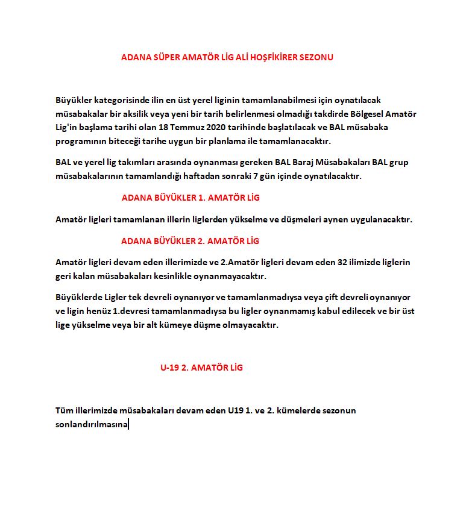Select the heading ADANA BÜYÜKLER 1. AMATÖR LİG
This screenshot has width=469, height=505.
(190, 198)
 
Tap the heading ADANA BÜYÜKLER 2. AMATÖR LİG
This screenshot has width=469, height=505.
(190, 241)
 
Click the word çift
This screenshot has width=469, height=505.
(338, 298)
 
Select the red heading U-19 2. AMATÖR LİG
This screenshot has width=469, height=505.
(201, 368)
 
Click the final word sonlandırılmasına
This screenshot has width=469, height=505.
(91, 424)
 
